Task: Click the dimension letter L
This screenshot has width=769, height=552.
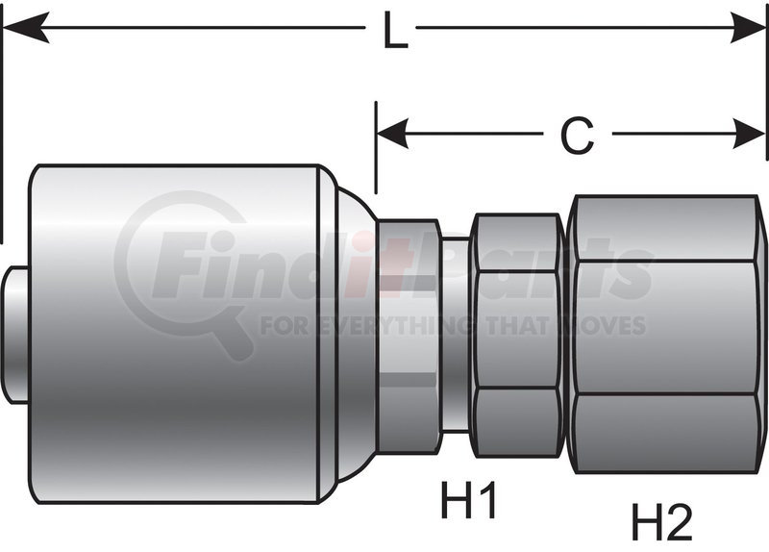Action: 393,31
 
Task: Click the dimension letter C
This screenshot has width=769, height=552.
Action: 577,137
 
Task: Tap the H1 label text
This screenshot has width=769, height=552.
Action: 468,500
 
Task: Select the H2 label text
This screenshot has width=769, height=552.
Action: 661,522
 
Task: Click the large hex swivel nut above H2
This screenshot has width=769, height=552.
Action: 665,334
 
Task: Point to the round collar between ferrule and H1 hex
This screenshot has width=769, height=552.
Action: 409,334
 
